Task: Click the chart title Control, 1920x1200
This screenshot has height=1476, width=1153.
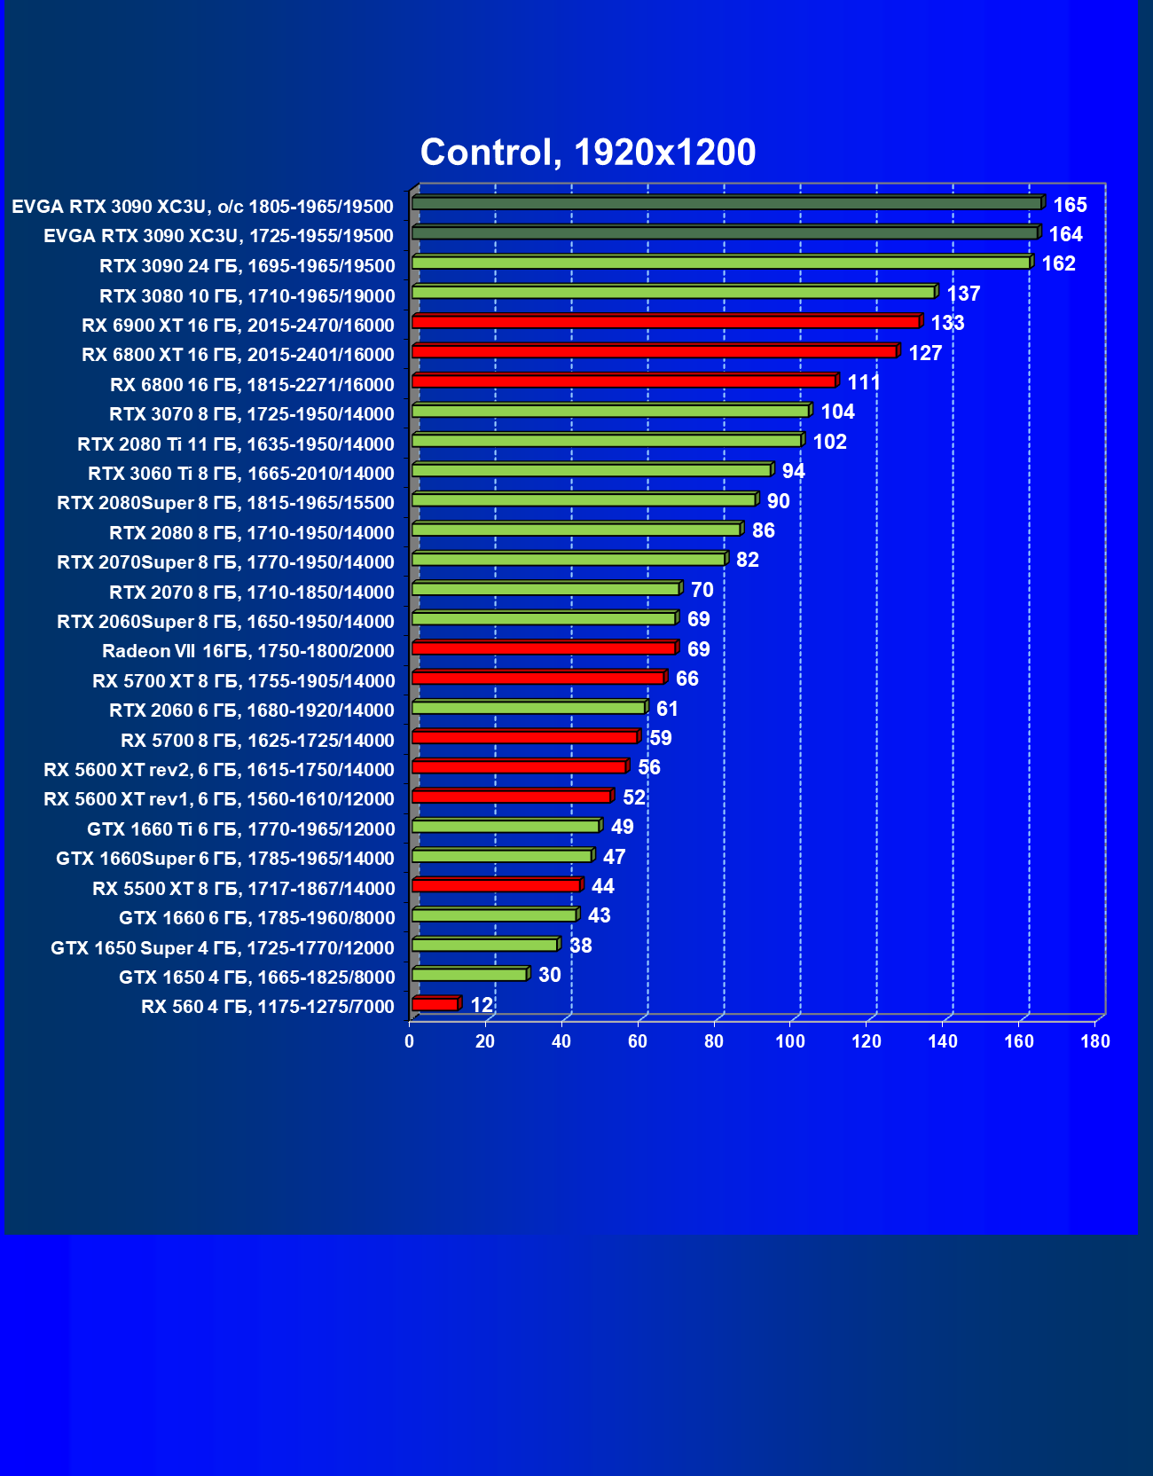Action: coord(587,153)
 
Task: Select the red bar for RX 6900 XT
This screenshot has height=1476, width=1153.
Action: coord(665,322)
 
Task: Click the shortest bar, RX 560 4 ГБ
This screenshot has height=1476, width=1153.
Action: coord(435,1004)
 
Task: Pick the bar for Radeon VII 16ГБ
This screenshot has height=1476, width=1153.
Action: coord(544,648)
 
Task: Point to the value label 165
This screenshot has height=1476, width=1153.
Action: coord(1070,206)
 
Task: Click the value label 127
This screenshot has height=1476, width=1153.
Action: coord(925,353)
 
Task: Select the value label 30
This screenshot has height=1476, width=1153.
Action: coord(550,975)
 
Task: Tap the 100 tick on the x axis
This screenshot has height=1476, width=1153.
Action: coord(790,1041)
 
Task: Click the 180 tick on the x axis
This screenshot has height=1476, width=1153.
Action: coord(1095,1041)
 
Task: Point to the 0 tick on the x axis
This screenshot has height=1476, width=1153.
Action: coord(409,1041)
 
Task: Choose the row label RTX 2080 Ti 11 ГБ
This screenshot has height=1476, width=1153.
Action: coord(236,444)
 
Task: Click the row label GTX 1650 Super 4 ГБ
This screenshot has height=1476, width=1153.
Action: coord(223,947)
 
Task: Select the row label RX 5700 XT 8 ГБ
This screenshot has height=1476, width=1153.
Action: coord(243,680)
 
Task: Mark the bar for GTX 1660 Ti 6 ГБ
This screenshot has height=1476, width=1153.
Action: coord(506,827)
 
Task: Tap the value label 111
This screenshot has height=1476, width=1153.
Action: coord(864,382)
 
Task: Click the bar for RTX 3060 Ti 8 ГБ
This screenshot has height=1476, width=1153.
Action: coord(592,470)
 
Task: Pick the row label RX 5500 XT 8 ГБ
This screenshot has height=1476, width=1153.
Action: coord(243,888)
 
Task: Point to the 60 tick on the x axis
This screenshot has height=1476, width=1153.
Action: coord(638,1041)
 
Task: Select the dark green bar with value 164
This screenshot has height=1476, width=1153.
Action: coord(724,233)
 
